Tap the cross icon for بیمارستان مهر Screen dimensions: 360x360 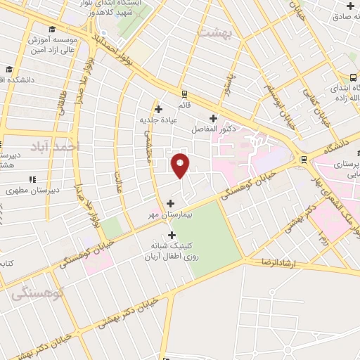[170, 203]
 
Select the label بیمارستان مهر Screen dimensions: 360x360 [160, 214]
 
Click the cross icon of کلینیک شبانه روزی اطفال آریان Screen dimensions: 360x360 [172, 235]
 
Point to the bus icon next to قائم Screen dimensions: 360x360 [184, 94]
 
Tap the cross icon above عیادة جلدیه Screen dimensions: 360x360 [159, 109]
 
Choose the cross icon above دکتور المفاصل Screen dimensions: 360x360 [213, 118]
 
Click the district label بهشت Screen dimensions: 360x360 [215, 33]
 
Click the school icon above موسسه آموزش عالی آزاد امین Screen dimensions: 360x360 [53, 29]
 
